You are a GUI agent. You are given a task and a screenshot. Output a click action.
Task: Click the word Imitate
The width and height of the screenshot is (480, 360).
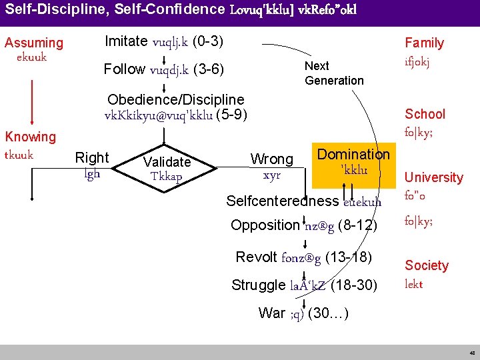[x=126, y=41]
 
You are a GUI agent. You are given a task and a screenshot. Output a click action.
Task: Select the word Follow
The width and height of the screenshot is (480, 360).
[x=125, y=69]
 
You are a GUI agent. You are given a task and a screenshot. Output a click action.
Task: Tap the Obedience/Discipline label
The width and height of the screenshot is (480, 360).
[x=175, y=99]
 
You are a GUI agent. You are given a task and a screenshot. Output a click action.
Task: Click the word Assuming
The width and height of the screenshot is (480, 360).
[x=34, y=43]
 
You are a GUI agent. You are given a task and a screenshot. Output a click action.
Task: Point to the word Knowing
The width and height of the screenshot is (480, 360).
[x=31, y=137]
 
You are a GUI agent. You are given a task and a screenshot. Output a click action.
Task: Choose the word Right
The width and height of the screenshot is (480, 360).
[x=92, y=158]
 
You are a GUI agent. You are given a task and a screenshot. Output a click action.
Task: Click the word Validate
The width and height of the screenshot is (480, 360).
[x=167, y=161]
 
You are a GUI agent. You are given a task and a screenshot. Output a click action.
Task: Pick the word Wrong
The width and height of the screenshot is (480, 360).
[x=271, y=159]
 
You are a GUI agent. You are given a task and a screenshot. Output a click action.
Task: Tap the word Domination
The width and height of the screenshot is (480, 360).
[x=353, y=155]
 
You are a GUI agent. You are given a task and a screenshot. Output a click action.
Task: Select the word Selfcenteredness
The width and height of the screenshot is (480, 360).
[x=282, y=201]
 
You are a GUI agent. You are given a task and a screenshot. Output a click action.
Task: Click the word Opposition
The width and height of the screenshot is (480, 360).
[x=265, y=225]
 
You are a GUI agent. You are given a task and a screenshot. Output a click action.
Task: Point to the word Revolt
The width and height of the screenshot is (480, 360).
[x=257, y=257]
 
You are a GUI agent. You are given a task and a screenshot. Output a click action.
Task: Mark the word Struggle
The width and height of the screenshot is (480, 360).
[x=258, y=285]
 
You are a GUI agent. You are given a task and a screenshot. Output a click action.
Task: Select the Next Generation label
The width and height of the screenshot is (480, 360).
[x=334, y=73]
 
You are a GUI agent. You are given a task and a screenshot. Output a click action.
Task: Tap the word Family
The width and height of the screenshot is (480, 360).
[x=424, y=43]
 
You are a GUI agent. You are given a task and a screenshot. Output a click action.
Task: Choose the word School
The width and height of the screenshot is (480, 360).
[x=425, y=114]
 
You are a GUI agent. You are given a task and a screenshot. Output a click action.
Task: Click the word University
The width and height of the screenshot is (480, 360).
[x=433, y=177]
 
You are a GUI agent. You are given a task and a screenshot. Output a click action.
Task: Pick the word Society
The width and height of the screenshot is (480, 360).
[x=427, y=265]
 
